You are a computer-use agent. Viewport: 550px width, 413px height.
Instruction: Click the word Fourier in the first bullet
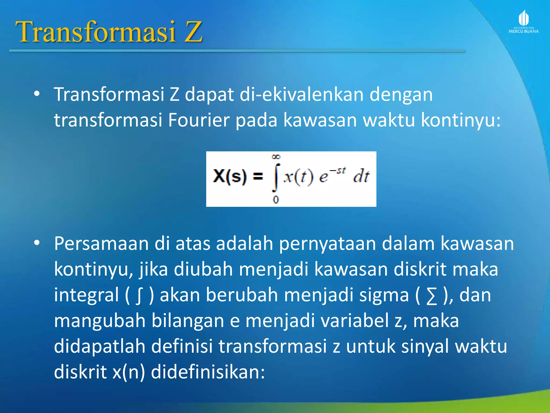[199, 120]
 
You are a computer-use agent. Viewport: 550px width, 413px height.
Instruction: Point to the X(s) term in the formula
[230, 177]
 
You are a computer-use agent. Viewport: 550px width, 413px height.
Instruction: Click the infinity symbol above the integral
[276, 157]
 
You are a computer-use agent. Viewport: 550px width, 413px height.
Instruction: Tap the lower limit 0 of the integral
[276, 200]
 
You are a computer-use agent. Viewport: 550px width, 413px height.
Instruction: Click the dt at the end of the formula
[361, 177]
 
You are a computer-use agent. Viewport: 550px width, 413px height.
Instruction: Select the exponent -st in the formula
[338, 170]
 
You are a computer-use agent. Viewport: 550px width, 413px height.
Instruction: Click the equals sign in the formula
[258, 177]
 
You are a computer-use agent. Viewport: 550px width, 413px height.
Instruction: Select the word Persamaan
[101, 244]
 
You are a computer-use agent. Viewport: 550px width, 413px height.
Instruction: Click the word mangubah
[100, 321]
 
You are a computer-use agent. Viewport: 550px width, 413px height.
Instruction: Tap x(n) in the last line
[129, 372]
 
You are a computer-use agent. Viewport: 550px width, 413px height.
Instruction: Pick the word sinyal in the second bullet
[425, 347]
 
